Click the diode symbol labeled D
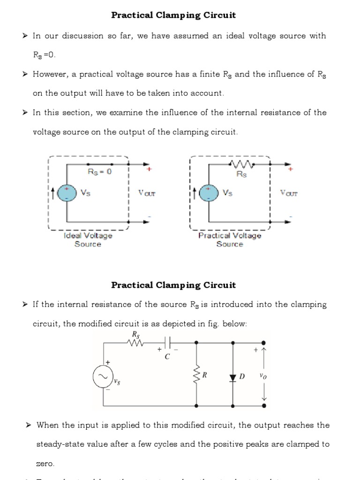(233, 377)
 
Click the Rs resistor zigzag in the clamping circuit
(135, 343)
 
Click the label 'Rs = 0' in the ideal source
(100, 172)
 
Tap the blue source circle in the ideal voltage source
(67, 193)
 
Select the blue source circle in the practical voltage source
(209, 193)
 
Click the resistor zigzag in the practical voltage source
(241, 165)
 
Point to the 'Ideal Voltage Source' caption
(88, 240)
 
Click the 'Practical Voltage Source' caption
(230, 240)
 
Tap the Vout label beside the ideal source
(146, 193)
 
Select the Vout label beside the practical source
(288, 193)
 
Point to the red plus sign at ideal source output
(149, 170)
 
